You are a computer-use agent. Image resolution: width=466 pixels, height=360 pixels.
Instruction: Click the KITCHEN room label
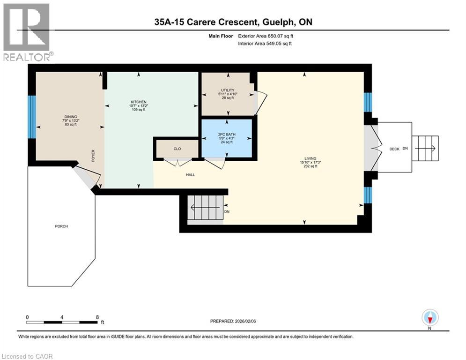click(x=139, y=102)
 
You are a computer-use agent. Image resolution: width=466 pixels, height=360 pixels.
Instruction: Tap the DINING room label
click(x=71, y=117)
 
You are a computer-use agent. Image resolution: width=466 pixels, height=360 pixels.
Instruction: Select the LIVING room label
click(x=310, y=158)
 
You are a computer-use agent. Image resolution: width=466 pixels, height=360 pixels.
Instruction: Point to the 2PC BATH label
click(x=227, y=134)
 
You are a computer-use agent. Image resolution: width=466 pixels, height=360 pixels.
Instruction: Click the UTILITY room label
click(x=228, y=90)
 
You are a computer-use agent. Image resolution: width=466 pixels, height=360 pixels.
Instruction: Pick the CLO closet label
click(x=177, y=149)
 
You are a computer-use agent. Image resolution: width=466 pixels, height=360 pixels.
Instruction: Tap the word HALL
click(x=191, y=175)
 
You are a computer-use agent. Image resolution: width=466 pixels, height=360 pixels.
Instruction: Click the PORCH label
click(x=61, y=226)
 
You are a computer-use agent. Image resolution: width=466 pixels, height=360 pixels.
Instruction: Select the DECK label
click(x=394, y=149)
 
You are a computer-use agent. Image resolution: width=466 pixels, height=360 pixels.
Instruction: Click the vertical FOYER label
click(x=93, y=156)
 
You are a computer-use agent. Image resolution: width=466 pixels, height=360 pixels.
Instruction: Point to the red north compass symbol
click(x=430, y=318)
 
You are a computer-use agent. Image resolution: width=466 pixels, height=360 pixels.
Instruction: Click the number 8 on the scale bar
click(x=97, y=317)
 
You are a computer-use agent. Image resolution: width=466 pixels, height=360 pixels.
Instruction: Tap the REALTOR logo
click(x=28, y=32)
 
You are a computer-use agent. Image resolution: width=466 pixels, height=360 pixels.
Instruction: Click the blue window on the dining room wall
click(x=32, y=117)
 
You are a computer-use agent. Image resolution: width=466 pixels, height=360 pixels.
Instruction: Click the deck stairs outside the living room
click(x=425, y=148)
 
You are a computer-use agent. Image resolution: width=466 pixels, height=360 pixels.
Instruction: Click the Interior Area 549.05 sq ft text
click(x=265, y=44)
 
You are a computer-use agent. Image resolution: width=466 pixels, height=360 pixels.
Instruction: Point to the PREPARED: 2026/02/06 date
click(x=233, y=321)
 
